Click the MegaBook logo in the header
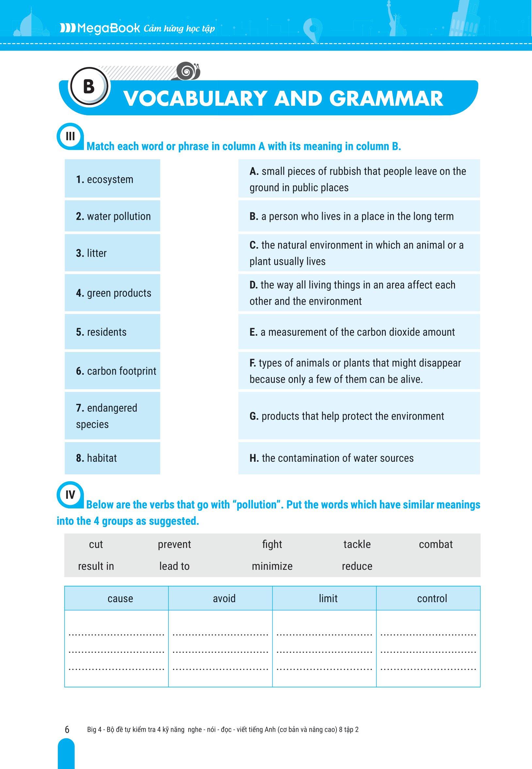(100, 28)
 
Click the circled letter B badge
(88, 87)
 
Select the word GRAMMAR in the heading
(386, 99)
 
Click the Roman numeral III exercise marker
(70, 136)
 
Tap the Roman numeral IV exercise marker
(70, 495)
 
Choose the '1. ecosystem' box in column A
(112, 179)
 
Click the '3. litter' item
(112, 253)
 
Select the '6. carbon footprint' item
(112, 371)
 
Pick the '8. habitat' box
(112, 458)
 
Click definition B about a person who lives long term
(359, 216)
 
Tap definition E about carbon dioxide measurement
(359, 332)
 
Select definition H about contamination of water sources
(359, 458)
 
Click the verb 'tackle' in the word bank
(357, 544)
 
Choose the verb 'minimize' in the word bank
(272, 566)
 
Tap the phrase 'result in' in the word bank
(96, 566)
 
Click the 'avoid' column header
(224, 599)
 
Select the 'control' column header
(432, 599)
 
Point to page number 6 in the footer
(67, 729)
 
